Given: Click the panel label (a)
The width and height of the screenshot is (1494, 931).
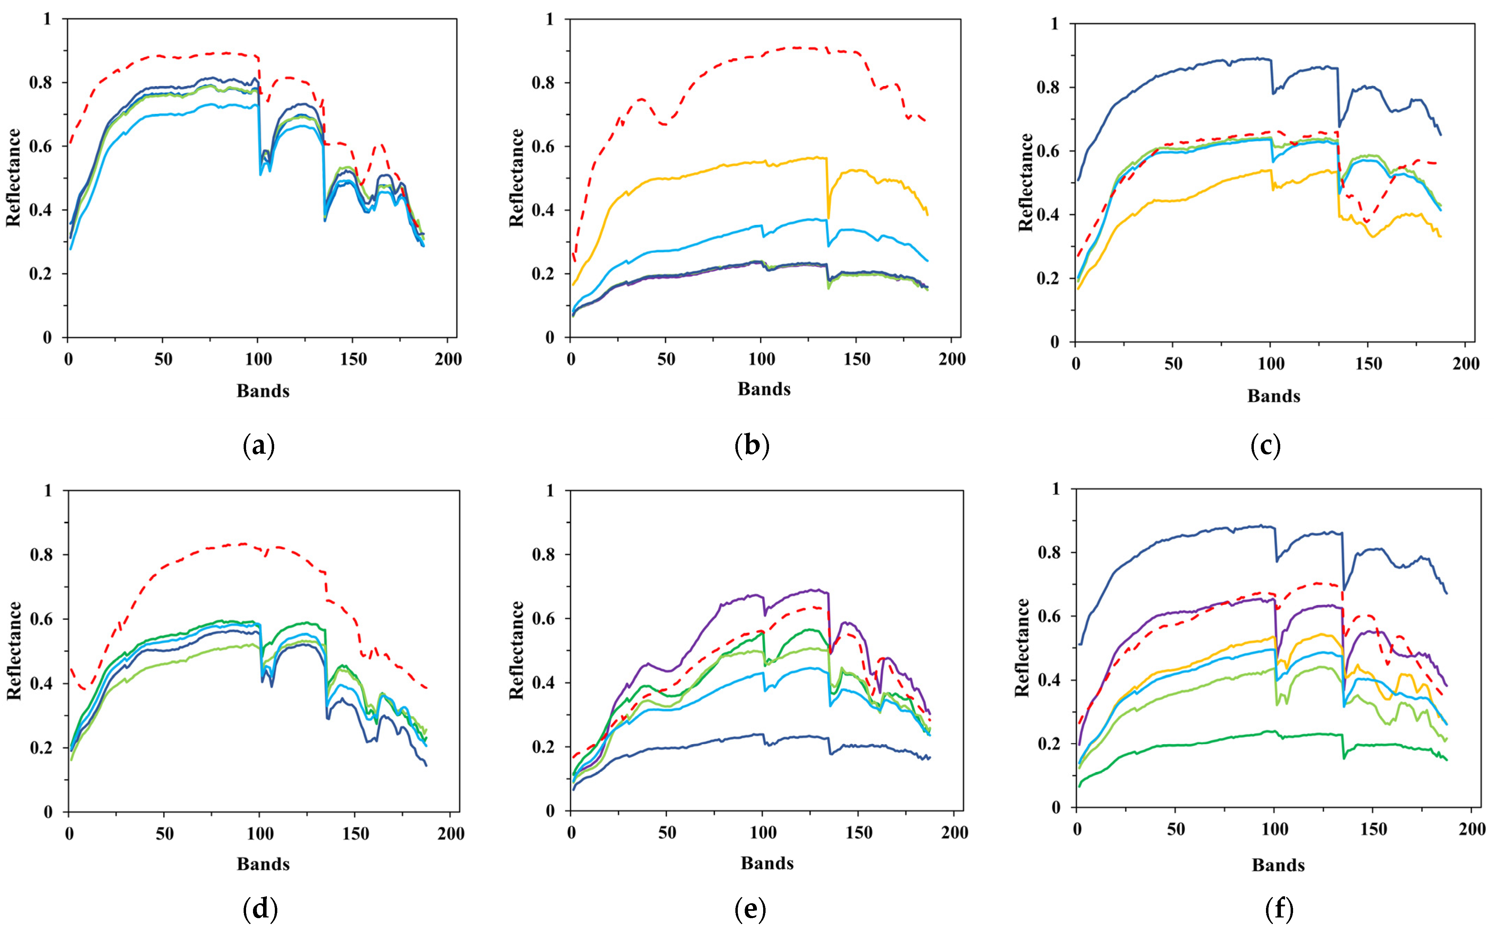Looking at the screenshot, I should (259, 445).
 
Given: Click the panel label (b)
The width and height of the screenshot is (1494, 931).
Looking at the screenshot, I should (752, 445).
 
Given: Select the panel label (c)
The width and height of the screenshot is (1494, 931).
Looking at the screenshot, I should (1266, 445).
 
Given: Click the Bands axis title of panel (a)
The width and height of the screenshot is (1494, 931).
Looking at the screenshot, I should (263, 391).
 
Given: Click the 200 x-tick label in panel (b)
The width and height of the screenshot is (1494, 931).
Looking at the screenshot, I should (952, 359).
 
